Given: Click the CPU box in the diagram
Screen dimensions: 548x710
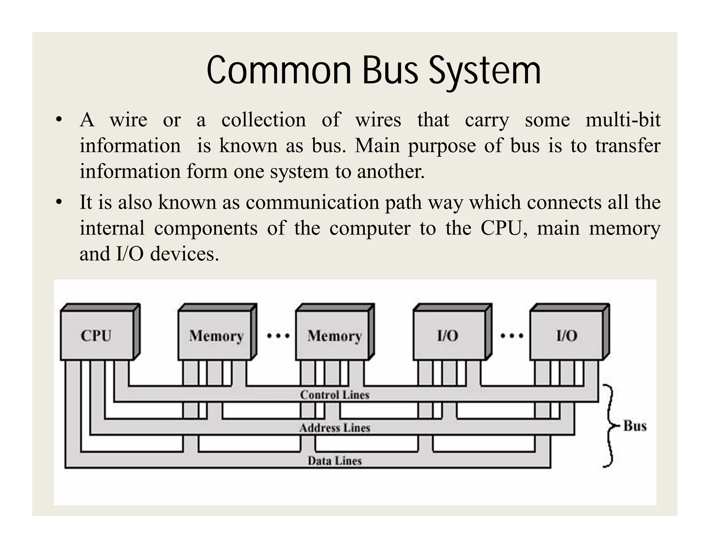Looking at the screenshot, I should (x=97, y=335).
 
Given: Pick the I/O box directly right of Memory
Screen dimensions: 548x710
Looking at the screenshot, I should (x=448, y=335).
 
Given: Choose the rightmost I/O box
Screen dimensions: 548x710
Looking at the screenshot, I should (x=567, y=335).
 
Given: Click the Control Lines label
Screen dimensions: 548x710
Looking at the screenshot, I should (x=335, y=395).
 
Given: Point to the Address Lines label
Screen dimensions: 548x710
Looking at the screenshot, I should (x=335, y=428).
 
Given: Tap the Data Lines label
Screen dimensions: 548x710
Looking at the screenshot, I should (x=335, y=461).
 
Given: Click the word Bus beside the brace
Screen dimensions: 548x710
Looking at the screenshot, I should (x=635, y=426).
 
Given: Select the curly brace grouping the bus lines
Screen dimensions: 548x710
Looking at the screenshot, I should (x=609, y=426).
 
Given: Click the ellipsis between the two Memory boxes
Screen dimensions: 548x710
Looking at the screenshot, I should (x=278, y=335).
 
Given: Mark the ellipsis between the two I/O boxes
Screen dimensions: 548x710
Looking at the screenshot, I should (x=512, y=335).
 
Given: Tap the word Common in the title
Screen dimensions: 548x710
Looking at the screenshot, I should (x=279, y=71).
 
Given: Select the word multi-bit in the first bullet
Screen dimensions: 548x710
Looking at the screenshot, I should (x=623, y=120).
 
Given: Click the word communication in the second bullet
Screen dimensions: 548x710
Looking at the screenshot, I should (x=312, y=202).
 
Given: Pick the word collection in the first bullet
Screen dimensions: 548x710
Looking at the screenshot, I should (x=263, y=120).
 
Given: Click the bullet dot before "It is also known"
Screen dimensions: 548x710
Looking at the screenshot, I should (x=59, y=202).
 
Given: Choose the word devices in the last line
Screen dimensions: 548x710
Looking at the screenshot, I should (x=184, y=254).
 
